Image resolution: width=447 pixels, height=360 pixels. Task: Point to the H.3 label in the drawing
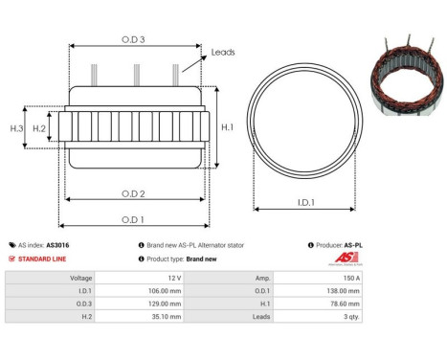[x=16, y=127]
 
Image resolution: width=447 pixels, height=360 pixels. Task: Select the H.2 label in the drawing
[x=39, y=127]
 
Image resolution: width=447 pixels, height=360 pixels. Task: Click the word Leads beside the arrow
[x=223, y=53]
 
